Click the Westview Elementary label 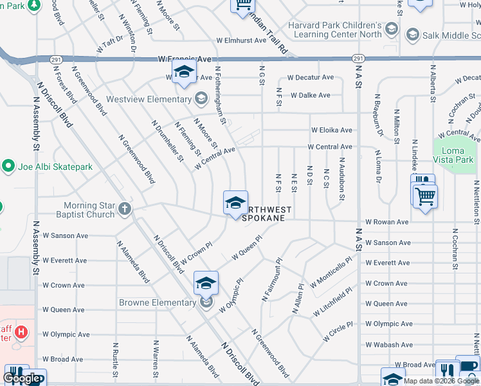point(149,99)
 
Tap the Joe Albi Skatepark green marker point(9,167)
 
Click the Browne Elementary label point(158,302)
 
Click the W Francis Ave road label point(185,59)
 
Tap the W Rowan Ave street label point(386,222)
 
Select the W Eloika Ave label point(332,130)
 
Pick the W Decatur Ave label point(310,77)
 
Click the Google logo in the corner point(23,379)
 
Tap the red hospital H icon point(22,333)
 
